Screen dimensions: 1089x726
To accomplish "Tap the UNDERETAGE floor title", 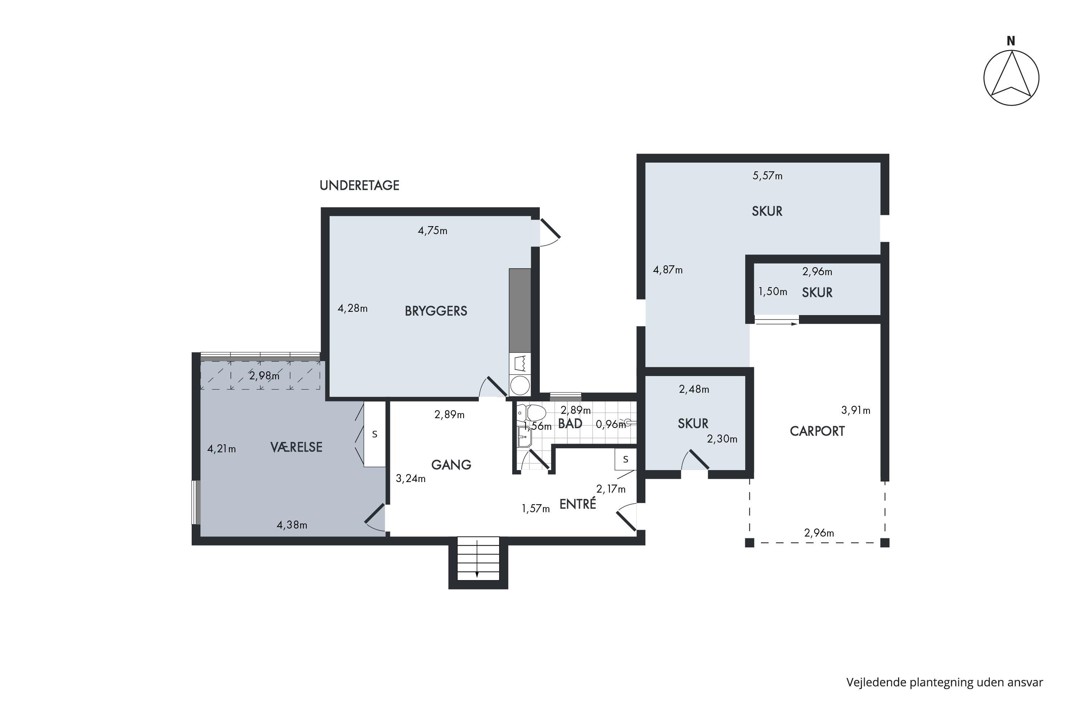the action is (x=359, y=185).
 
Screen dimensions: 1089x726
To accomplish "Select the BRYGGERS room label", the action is (x=436, y=311).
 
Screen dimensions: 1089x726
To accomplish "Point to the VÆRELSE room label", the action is (x=296, y=447).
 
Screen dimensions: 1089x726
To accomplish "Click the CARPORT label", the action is (x=817, y=431).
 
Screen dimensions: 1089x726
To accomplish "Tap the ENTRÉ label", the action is (x=578, y=504).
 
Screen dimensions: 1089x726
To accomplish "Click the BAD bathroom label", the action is (x=570, y=424).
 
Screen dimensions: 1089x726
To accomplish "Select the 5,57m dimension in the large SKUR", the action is (x=767, y=175).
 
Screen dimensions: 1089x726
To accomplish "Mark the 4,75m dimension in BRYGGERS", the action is (x=432, y=231).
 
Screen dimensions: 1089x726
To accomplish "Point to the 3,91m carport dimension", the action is (x=856, y=410).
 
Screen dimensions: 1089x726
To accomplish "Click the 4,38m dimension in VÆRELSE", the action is (x=292, y=525).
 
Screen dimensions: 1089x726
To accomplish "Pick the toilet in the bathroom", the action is (x=531, y=412).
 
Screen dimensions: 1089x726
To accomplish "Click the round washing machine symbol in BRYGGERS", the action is (x=520, y=386).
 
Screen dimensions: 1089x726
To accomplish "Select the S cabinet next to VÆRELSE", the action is (x=375, y=434).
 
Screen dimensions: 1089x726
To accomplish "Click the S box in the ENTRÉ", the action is (x=625, y=459).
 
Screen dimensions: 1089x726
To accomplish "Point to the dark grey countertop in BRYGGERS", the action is (x=520, y=310).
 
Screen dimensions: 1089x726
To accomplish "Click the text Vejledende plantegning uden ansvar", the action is (x=945, y=682).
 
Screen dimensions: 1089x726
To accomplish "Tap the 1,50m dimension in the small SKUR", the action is (x=772, y=292).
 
